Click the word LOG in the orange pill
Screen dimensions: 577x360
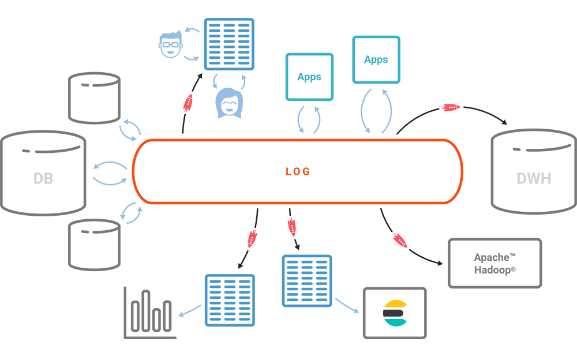(298, 171)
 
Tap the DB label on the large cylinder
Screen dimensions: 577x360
(43, 178)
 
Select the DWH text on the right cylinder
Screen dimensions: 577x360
(534, 178)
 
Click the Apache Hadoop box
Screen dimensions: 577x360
(494, 263)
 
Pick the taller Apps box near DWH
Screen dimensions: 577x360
(376, 59)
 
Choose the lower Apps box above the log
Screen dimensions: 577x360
(309, 77)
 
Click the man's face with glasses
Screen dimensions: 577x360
(170, 44)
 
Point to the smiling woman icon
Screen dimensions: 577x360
(229, 103)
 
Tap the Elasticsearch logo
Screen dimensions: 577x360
(395, 313)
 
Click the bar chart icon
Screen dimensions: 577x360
(150, 313)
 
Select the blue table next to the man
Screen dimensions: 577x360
(229, 44)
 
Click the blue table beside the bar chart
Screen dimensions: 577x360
(230, 300)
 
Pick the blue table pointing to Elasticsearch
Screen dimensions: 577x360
(307, 281)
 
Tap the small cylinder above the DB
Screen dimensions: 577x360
(94, 98)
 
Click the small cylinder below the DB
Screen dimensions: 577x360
(94, 245)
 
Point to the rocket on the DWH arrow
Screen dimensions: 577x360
(451, 107)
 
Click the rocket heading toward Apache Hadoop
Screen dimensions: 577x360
(400, 241)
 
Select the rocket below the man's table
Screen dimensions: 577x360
(188, 103)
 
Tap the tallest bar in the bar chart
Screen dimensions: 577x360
(146, 311)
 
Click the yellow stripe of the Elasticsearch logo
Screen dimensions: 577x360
(395, 304)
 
